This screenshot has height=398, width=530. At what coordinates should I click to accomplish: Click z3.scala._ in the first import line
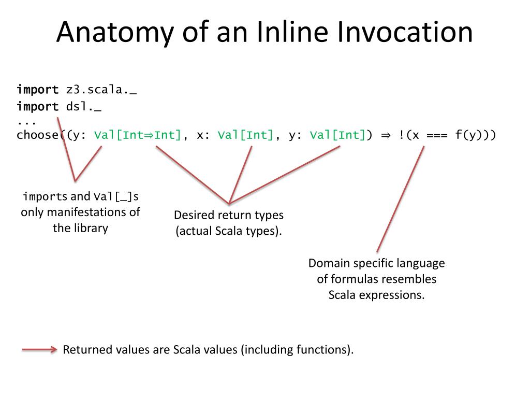101,90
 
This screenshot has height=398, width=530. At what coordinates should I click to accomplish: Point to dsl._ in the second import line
83,107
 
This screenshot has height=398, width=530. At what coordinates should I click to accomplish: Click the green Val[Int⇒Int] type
138,135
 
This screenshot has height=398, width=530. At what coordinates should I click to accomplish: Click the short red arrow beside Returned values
39,350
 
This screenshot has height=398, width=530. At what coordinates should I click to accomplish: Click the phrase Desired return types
229,215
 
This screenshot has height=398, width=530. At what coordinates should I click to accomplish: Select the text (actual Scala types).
229,231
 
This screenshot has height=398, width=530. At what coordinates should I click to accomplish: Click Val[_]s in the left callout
116,196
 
